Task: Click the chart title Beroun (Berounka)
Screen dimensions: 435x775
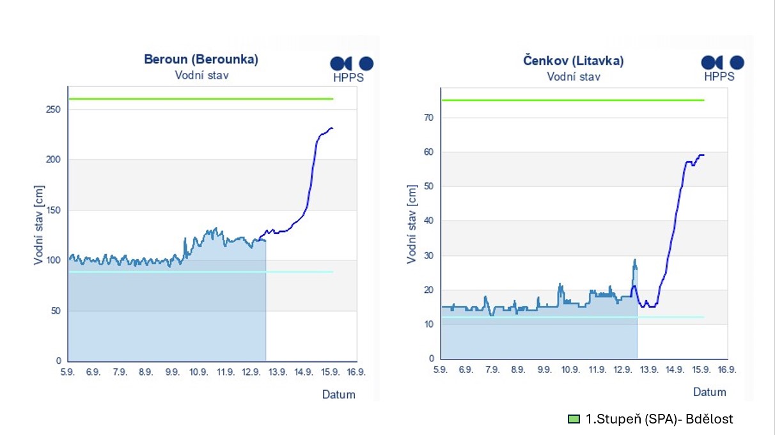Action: pyautogui.click(x=201, y=60)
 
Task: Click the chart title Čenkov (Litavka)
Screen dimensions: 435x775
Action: pyautogui.click(x=573, y=61)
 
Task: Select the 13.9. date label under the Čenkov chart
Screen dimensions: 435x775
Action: pyautogui.click(x=648, y=370)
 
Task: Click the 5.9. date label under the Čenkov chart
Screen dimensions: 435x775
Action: pyautogui.click(x=440, y=370)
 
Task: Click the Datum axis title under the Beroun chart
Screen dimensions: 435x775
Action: pyautogui.click(x=338, y=395)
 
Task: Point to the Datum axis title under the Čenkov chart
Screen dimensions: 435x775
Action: pyautogui.click(x=710, y=392)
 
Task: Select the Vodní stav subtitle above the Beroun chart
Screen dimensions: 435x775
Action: pyautogui.click(x=201, y=75)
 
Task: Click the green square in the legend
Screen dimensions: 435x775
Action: pyautogui.click(x=573, y=420)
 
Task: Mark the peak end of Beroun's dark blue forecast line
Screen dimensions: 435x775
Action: pyautogui.click(x=331, y=129)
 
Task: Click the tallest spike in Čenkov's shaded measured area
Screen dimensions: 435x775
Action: pyautogui.click(x=635, y=260)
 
